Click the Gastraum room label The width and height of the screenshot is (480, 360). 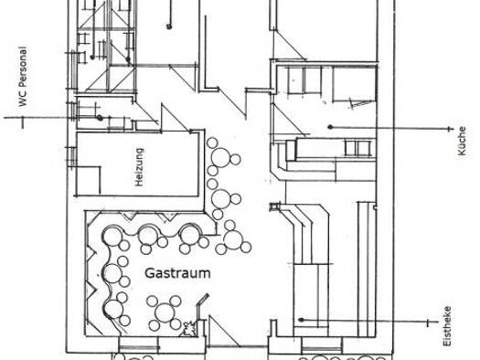177,273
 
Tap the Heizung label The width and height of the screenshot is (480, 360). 139,167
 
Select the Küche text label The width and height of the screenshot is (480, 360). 462,141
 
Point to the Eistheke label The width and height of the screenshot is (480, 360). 447,326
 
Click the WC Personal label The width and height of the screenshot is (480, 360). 22,77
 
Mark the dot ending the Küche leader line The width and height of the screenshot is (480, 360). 330,127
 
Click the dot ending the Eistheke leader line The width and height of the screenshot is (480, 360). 301,320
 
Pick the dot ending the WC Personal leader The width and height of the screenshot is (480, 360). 100,118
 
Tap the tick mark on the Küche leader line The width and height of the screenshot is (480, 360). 450,129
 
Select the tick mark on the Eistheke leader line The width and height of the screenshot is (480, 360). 428,323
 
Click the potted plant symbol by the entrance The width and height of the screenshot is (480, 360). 189,329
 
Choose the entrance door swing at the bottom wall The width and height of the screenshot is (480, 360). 223,332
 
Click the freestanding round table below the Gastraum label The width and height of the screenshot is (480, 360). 165,312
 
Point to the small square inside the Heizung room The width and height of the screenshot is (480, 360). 88,181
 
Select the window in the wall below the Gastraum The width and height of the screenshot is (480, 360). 139,345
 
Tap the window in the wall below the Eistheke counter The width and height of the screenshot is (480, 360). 322,346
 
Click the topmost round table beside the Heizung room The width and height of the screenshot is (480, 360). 220,157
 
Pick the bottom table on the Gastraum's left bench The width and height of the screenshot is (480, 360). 113,309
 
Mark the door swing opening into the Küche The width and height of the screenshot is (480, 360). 288,120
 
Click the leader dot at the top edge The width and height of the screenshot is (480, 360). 169,26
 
